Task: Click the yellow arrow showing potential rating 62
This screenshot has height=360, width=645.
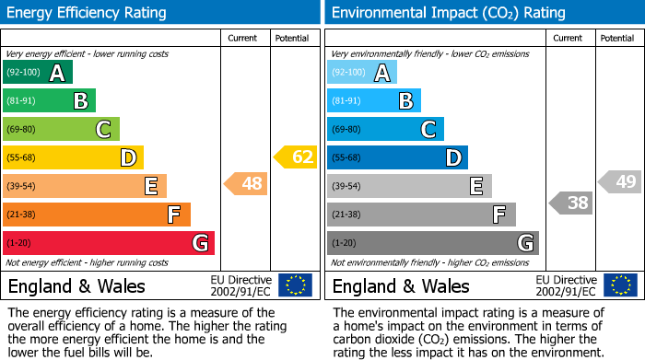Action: (296, 157)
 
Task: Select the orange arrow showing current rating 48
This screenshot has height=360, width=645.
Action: (247, 185)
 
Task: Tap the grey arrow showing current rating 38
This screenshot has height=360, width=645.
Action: (571, 203)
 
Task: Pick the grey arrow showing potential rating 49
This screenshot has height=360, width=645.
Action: (620, 181)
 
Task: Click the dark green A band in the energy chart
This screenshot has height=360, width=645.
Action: (38, 73)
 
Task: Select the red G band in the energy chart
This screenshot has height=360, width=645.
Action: (109, 243)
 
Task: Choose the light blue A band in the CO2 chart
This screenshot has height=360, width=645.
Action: (362, 73)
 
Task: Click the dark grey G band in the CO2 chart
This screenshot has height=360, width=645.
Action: (432, 243)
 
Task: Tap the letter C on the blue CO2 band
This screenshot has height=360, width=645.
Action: (428, 130)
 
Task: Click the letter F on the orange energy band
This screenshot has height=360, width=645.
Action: (173, 215)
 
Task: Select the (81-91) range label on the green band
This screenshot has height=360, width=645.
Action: (22, 101)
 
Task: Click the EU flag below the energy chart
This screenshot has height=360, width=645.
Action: (295, 285)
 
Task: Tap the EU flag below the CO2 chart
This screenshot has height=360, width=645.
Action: (621, 285)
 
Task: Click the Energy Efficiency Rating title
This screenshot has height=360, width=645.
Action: (88, 13)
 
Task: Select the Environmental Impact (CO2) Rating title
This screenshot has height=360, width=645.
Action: (448, 13)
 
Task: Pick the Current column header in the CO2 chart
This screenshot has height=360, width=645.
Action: (569, 39)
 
